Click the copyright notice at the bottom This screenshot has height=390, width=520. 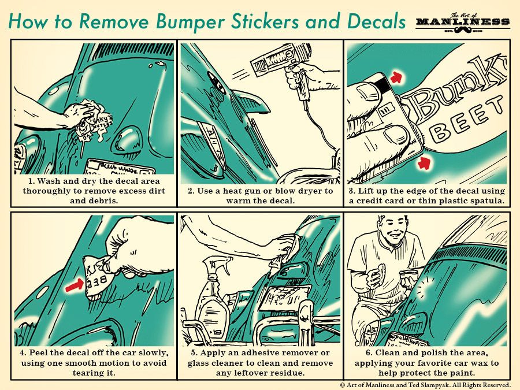425,385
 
